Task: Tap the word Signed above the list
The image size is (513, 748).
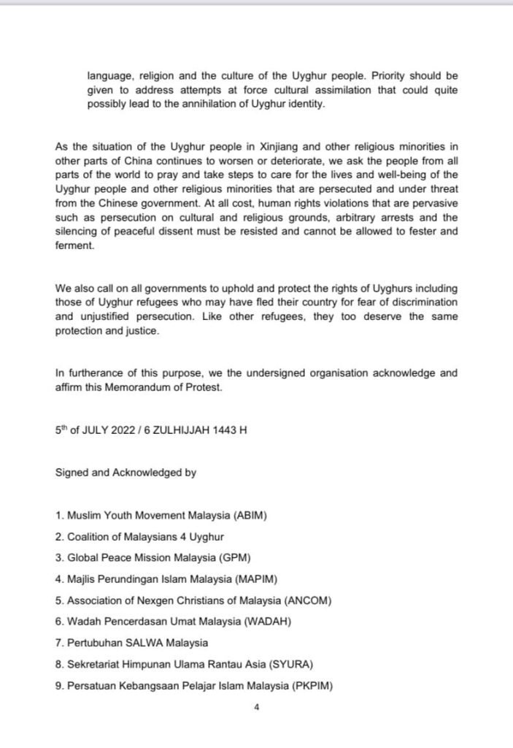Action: click(72, 473)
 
